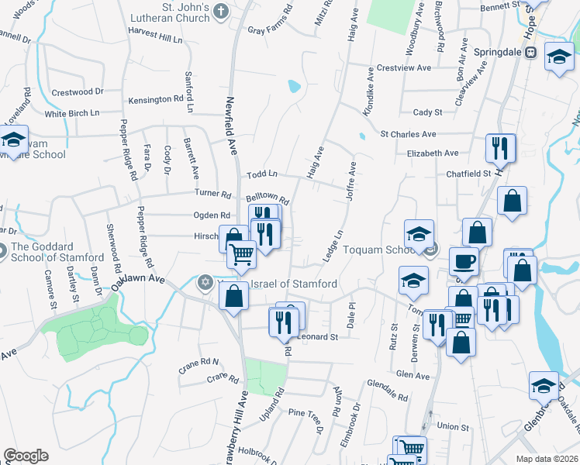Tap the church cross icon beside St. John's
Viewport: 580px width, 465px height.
[221, 11]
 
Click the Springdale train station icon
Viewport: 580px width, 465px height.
[531, 53]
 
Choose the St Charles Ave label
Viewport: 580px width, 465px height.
[408, 133]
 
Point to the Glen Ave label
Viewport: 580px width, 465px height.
[412, 376]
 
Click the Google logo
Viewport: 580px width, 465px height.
[26, 456]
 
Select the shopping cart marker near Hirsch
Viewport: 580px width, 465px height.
[242, 253]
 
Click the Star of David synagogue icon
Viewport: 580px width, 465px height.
[205, 281]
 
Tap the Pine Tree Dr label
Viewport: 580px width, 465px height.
[304, 415]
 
